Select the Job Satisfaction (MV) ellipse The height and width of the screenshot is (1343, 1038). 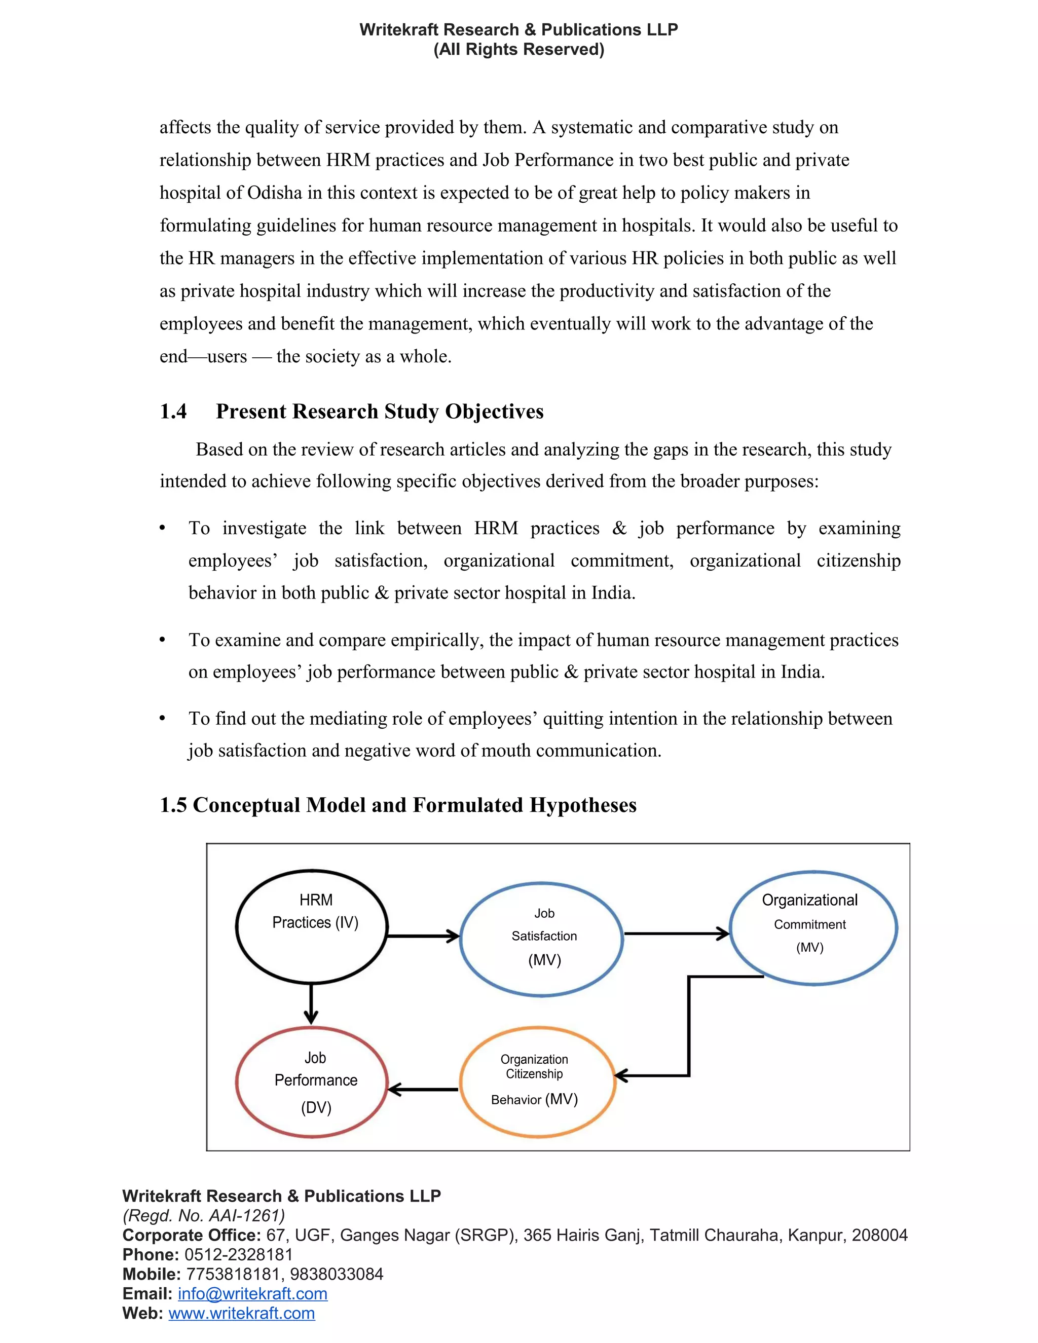tap(542, 939)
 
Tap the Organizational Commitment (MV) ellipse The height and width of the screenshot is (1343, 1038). tap(813, 927)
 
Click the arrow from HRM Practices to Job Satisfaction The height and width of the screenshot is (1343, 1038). tap(423, 936)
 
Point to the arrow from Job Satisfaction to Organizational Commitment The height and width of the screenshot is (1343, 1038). tap(677, 934)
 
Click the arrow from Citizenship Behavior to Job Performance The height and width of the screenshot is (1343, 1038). tap(424, 1090)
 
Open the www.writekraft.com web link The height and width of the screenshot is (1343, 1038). tap(242, 1313)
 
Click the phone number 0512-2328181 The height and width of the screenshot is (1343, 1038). tap(239, 1254)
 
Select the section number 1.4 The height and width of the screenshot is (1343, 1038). tap(173, 412)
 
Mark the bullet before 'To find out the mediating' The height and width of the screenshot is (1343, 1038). tap(162, 718)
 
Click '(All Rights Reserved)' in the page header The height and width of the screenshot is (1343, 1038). tap(518, 49)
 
